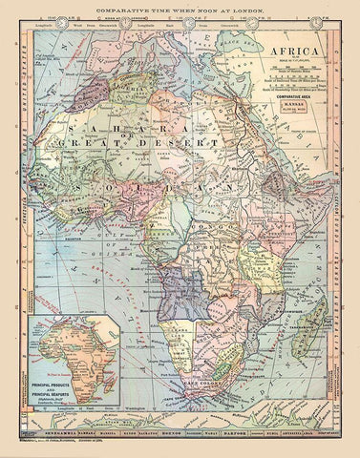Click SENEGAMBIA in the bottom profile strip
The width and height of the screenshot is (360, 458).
coord(43,442)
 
